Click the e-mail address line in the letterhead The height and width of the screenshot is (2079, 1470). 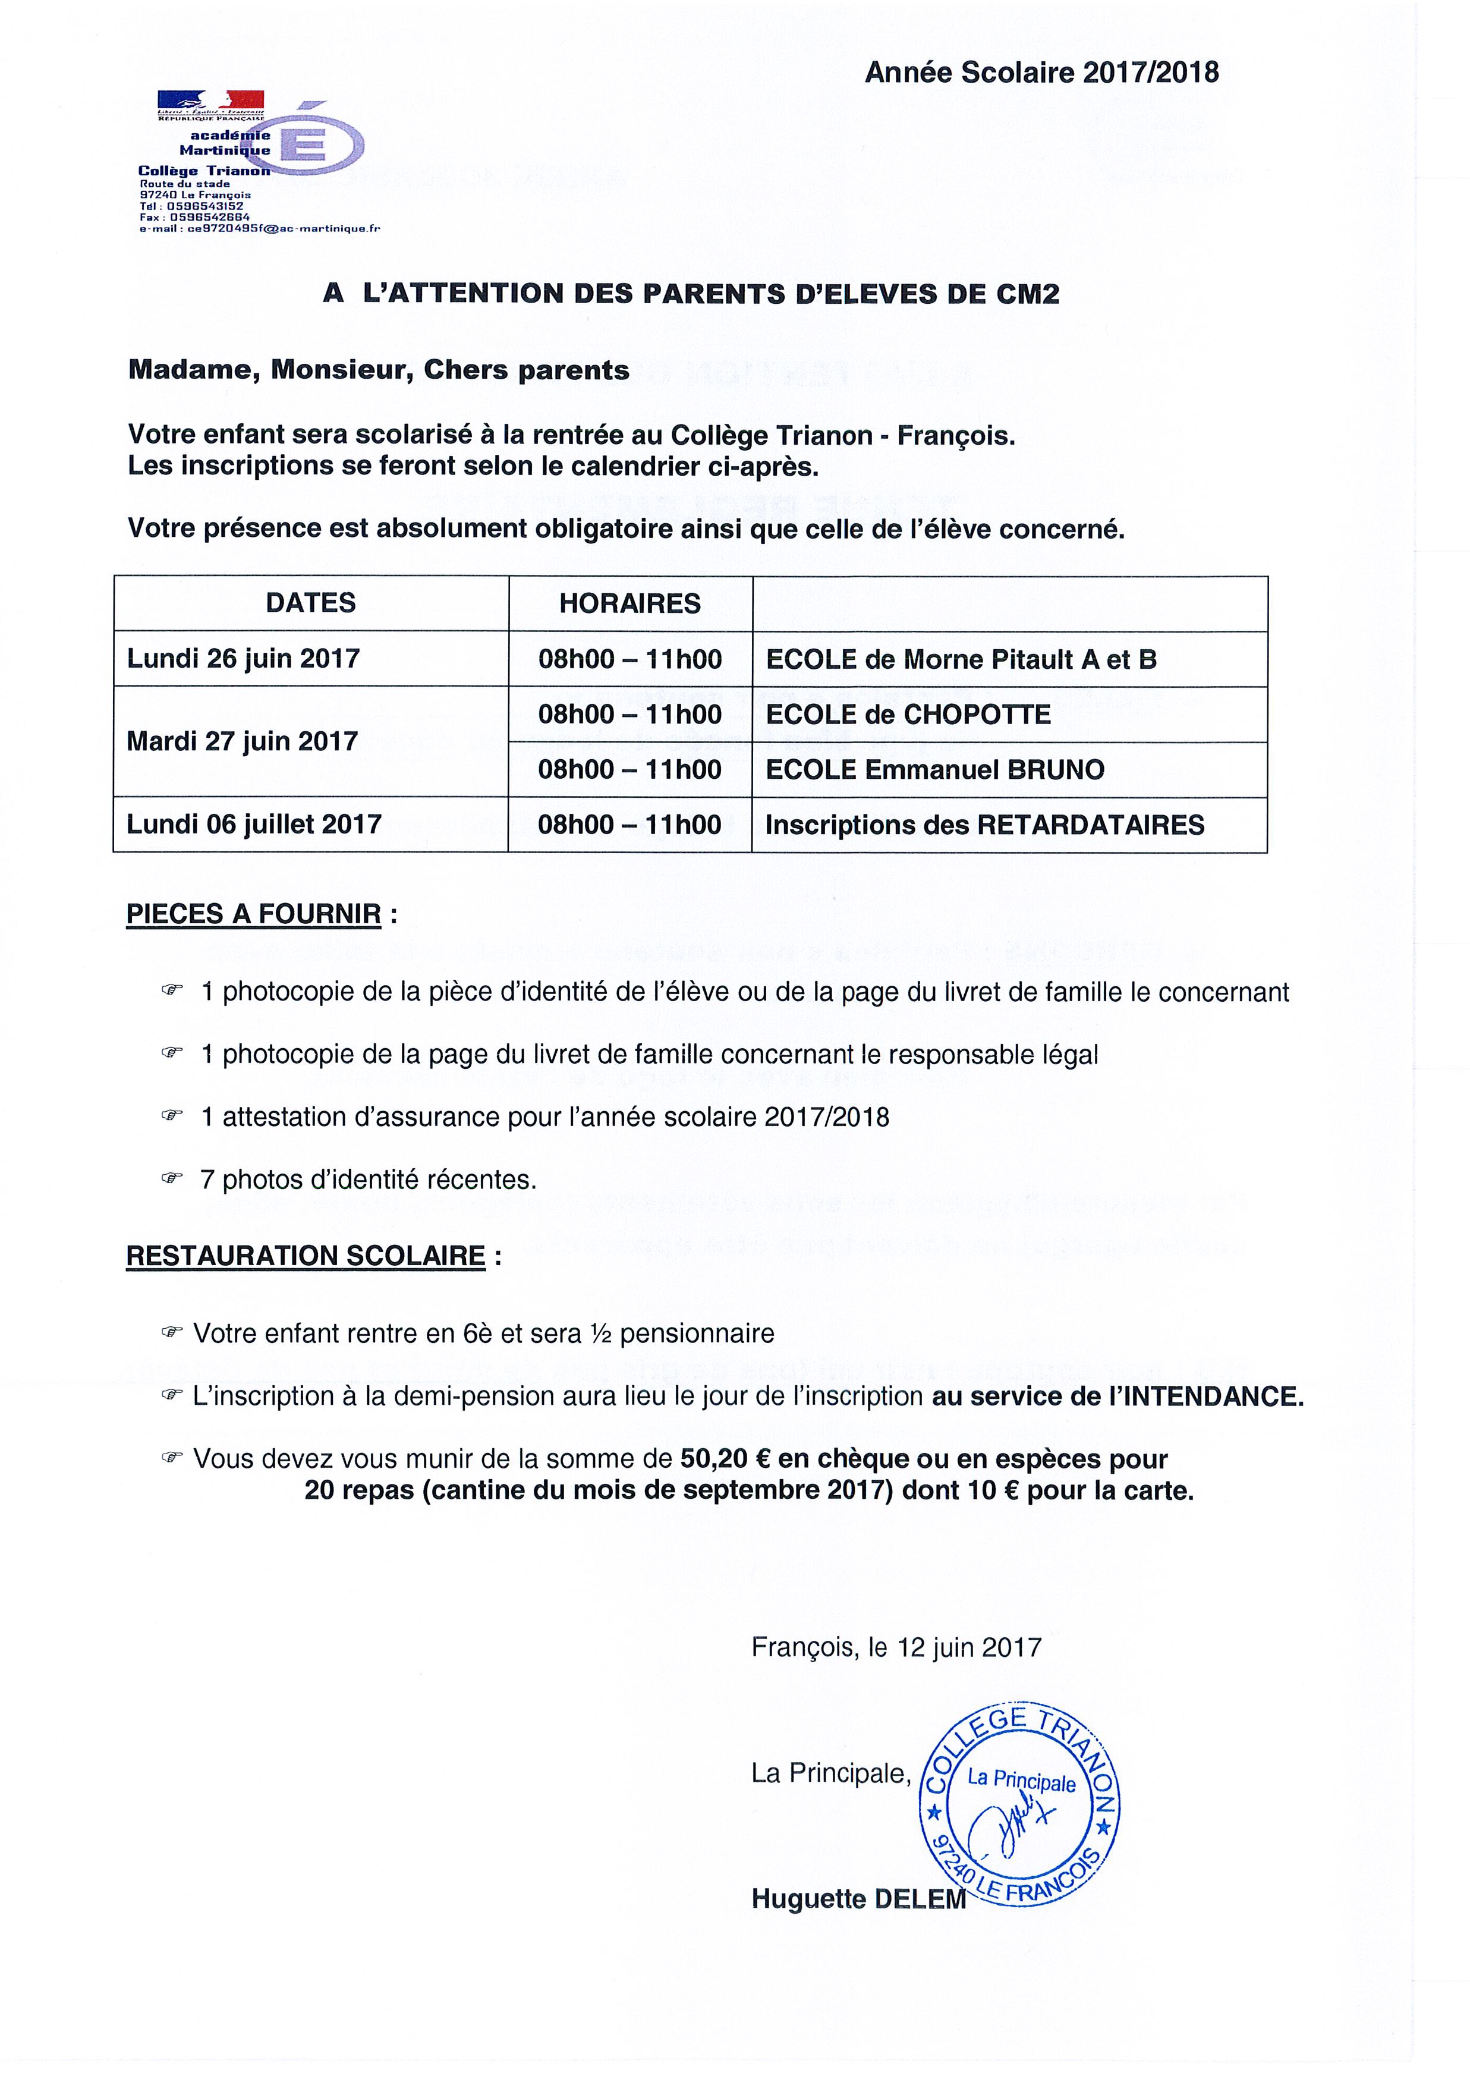pyautogui.click(x=260, y=229)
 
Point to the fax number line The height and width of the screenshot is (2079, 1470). pyautogui.click(x=194, y=218)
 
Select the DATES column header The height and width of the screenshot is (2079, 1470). pyautogui.click(x=310, y=603)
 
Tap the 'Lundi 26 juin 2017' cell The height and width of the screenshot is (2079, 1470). pyautogui.click(x=244, y=658)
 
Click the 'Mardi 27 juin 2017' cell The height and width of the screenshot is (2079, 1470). pyautogui.click(x=243, y=741)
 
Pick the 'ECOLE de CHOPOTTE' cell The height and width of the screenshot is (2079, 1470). pyautogui.click(x=908, y=715)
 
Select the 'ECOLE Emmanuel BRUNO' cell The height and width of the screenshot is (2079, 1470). pyautogui.click(x=935, y=770)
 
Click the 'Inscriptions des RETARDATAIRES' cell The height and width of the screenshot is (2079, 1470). pyautogui.click(x=985, y=825)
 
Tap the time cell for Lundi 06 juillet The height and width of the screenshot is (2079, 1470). pyautogui.click(x=630, y=825)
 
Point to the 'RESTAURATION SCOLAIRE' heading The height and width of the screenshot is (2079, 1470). pyautogui.click(x=306, y=1256)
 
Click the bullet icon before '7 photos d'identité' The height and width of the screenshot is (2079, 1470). pyautogui.click(x=172, y=1179)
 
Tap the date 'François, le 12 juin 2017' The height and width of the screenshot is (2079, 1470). pyautogui.click(x=896, y=1647)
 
